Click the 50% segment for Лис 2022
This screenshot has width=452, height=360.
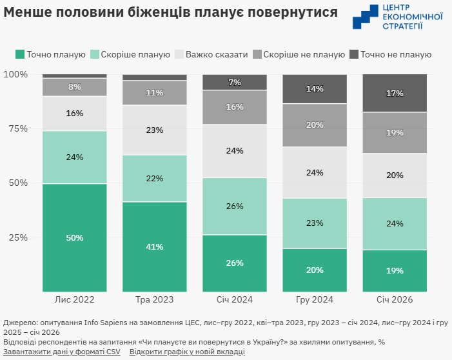(74, 237)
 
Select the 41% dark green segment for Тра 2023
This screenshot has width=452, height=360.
(154, 246)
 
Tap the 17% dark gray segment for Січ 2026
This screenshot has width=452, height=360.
(395, 94)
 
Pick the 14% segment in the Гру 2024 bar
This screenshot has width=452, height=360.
(315, 89)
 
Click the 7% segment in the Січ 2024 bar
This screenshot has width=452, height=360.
(234, 83)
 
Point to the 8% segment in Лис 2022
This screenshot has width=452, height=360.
(74, 87)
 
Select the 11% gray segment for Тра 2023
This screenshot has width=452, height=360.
(154, 93)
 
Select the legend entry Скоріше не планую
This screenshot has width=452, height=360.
(299, 55)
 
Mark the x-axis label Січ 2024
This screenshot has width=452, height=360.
(234, 300)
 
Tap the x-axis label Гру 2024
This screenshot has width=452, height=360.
(315, 300)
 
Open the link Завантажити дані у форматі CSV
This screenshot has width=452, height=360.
(62, 352)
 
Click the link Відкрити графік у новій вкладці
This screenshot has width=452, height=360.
(187, 352)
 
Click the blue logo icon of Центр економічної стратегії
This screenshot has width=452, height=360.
(366, 17)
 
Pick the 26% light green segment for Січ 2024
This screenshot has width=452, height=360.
(234, 206)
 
